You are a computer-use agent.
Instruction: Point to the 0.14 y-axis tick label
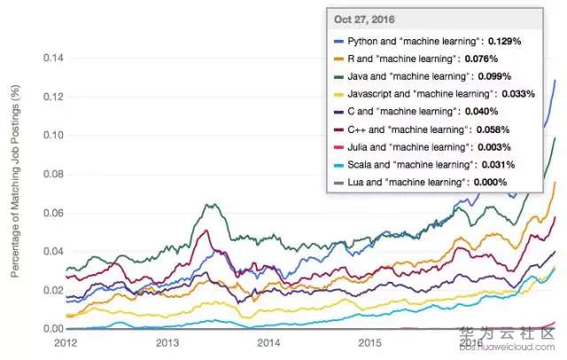coord(52,59)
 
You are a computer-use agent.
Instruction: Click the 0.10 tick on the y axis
coord(52,136)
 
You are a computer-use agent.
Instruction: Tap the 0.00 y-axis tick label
coord(52,329)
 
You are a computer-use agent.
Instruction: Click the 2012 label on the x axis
coord(66,341)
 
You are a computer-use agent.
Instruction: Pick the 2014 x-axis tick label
coord(268,341)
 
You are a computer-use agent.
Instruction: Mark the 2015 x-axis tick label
coord(369,341)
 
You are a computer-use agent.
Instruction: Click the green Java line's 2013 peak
coord(210,205)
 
